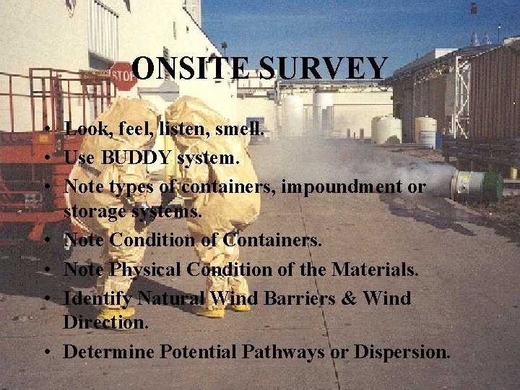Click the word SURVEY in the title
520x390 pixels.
pyautogui.click(x=323, y=69)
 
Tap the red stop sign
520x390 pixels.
pyautogui.click(x=123, y=76)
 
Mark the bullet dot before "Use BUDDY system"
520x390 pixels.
pyautogui.click(x=47, y=157)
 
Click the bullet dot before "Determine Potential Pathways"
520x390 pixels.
pyautogui.click(x=47, y=352)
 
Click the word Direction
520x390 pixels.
pyautogui.click(x=105, y=322)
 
